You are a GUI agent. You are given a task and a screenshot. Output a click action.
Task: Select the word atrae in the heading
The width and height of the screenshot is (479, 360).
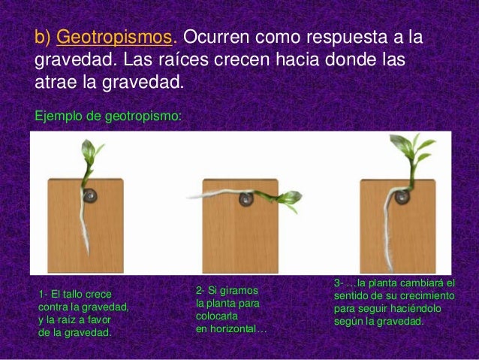[x=56, y=80]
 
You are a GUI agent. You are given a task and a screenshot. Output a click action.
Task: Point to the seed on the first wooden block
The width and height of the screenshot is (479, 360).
[x=91, y=196]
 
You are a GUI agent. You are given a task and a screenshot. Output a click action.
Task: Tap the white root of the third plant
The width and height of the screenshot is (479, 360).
[x=390, y=218]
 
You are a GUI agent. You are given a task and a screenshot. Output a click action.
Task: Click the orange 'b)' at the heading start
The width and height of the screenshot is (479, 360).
[x=44, y=38]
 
